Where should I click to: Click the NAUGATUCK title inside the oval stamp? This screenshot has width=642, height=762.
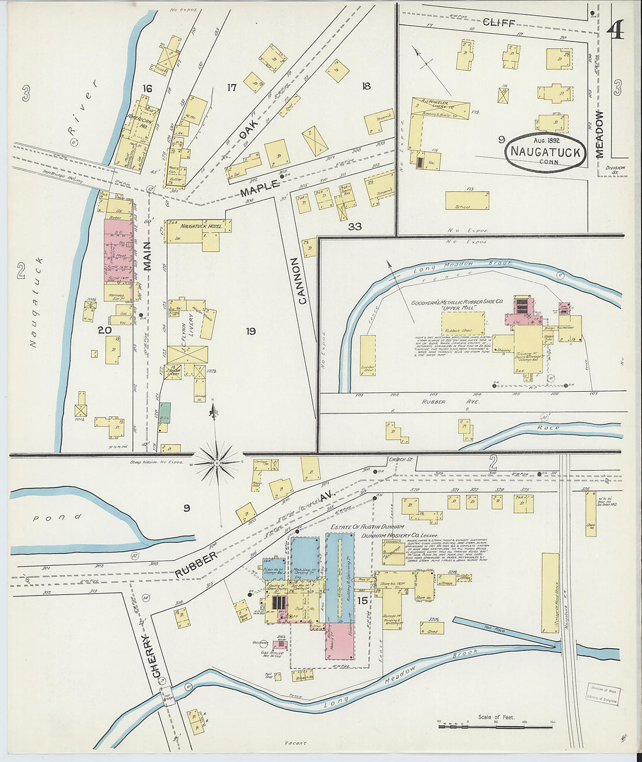point(546,152)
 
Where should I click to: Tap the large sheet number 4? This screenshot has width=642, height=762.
point(615,30)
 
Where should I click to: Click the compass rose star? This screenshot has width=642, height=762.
point(217,463)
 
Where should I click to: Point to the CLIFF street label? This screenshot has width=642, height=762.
point(500,23)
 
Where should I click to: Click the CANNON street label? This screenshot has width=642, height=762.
point(302,281)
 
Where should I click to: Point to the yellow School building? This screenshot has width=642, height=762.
point(467,200)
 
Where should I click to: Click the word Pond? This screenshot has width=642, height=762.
point(65,517)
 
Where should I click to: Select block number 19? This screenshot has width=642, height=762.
point(250,332)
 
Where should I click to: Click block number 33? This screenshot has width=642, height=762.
point(354,227)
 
